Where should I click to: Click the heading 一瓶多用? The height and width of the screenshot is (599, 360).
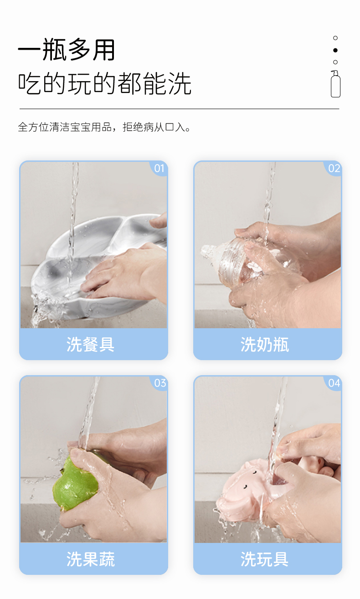pos(66,50)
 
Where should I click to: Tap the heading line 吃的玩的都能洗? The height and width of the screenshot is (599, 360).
pos(104,83)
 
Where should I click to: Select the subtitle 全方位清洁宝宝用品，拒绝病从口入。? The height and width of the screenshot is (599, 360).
pos(104,127)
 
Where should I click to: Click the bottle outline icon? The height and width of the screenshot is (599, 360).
pos(335,84)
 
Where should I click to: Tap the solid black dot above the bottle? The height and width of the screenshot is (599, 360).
pos(335,50)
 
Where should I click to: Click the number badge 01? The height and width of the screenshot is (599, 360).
pos(159,169)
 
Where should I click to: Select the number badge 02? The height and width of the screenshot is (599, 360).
pos(334,169)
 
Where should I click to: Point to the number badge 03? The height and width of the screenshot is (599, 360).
pos(160,383)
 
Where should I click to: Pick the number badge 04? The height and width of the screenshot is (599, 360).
pos(334,383)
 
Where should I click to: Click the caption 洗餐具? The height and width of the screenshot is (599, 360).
pos(90,344)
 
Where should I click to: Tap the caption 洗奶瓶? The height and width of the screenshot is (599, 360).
pos(265,344)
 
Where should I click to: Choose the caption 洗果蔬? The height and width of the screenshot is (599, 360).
pos(90,559)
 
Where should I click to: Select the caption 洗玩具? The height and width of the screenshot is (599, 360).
pos(265,559)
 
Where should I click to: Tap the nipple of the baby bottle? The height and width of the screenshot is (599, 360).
pos(210,251)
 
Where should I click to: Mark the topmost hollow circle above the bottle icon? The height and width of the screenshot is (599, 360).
pos(335,38)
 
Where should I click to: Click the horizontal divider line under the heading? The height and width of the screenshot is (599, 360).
pos(180,109)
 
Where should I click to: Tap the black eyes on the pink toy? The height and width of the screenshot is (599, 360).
pos(249,480)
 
